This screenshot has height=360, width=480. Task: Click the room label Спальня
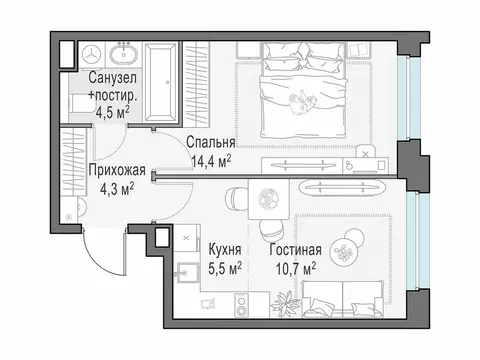pos(209,142)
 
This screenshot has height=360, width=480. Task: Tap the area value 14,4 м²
pos(210,158)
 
